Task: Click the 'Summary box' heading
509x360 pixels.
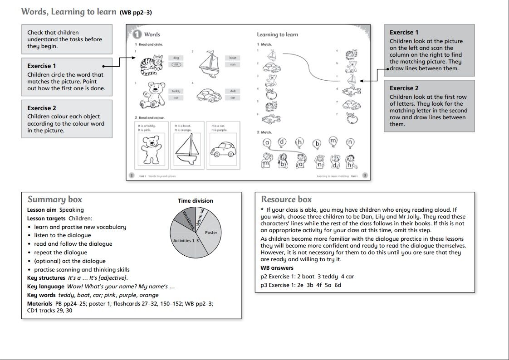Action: [55, 199]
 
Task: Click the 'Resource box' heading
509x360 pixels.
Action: [286, 199]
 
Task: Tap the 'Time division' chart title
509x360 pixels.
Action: [196, 201]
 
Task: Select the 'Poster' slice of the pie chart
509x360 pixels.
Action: [211, 232]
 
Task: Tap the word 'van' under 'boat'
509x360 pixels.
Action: [233, 64]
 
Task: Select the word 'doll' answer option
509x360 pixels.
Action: [233, 91]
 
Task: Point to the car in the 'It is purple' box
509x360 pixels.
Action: [223, 150]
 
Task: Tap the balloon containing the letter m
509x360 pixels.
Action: [333, 141]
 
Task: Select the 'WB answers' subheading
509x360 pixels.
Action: [277, 268]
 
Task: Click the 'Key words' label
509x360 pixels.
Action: [42, 295]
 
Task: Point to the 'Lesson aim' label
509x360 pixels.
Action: [42, 210]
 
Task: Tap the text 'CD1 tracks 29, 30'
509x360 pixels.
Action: [47, 311]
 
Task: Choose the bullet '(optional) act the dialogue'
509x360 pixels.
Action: [70, 261]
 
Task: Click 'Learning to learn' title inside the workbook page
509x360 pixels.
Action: [277, 34]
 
